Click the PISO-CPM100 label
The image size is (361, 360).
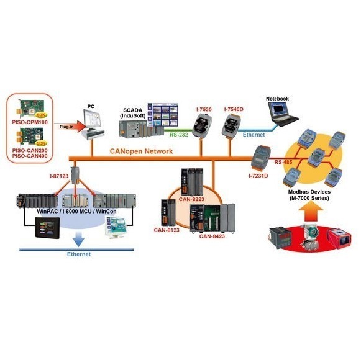pos(30,122)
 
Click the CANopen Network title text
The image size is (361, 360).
pos(141,151)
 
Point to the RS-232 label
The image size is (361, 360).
pos(179,135)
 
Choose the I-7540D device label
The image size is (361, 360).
pos(234,109)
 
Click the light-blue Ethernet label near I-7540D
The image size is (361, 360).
pos(254,135)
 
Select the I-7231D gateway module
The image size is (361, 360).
pos(260,158)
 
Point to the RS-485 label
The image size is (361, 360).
pos(283,162)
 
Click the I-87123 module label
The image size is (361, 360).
pos(59,176)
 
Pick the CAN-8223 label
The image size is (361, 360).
pos(191,199)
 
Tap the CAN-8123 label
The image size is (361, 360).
pos(167,230)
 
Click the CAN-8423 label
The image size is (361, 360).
pos(212,236)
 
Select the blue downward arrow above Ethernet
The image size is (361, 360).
pos(78,239)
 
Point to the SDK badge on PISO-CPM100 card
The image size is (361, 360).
pos(40,115)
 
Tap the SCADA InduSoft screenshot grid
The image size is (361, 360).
pos(163,115)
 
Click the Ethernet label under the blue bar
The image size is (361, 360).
pos(79,254)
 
